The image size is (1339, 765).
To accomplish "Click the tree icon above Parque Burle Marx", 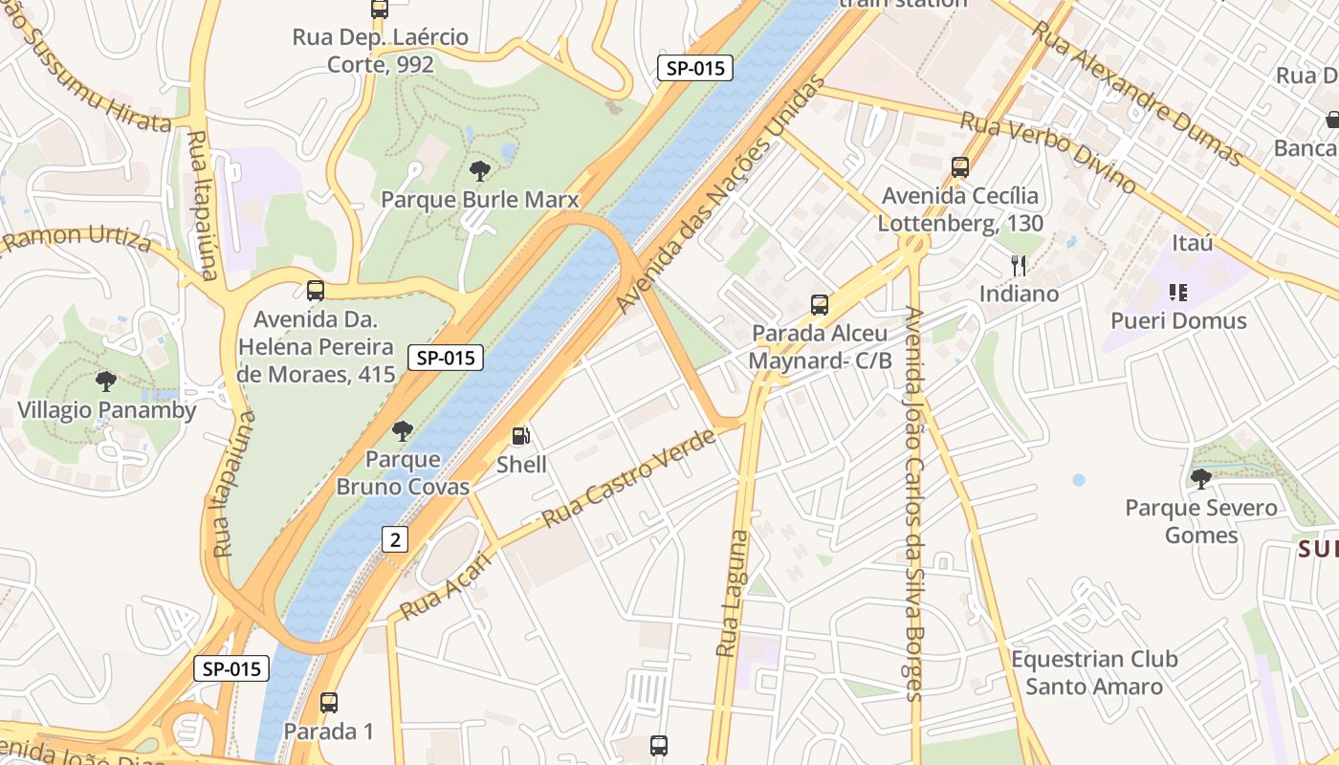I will [x=480, y=171].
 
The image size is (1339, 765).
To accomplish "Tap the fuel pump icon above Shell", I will [x=521, y=436].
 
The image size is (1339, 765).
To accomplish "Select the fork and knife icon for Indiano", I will [x=1019, y=265].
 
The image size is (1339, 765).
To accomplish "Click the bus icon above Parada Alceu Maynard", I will [x=820, y=305].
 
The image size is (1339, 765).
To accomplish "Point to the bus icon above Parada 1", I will [x=329, y=703].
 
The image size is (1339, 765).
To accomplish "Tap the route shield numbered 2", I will [x=394, y=539].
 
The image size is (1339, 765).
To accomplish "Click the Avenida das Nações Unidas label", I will [x=719, y=196].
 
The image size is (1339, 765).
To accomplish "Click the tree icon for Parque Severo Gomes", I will [x=1201, y=478].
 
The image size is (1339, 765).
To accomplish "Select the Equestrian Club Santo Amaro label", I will [x=1094, y=672].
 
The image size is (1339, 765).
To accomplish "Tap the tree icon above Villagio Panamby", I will [x=106, y=382].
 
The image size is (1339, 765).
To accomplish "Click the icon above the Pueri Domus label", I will [x=1177, y=292].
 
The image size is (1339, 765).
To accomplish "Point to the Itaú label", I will [x=1192, y=243].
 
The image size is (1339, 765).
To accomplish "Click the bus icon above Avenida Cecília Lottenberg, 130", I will [x=960, y=167].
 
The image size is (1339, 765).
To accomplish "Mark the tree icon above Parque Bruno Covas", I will [x=403, y=430].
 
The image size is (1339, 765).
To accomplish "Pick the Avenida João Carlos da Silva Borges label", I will [x=912, y=503].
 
